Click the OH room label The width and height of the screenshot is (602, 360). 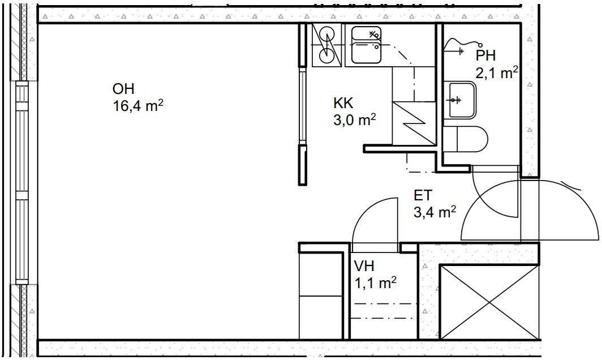tap(123, 89)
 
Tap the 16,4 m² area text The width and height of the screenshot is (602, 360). tap(138, 105)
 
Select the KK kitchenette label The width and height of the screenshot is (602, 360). tap(343, 103)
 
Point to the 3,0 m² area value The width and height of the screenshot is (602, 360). tap(354, 120)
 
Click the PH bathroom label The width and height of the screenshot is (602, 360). tap(485, 55)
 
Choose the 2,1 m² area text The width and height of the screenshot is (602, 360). tap(497, 72)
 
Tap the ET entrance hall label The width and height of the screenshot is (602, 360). tap(423, 195)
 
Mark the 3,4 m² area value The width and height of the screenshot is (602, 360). tap(435, 212)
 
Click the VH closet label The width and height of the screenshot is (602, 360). tap(364, 266)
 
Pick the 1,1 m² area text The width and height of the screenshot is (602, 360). tap(375, 283)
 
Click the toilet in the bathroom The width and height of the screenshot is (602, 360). tap(465, 138)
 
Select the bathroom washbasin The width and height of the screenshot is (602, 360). tap(459, 100)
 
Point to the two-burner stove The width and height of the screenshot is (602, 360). tap(326, 45)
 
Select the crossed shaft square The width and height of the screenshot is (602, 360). tap(489, 302)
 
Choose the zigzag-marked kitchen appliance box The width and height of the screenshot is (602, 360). tap(414, 124)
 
